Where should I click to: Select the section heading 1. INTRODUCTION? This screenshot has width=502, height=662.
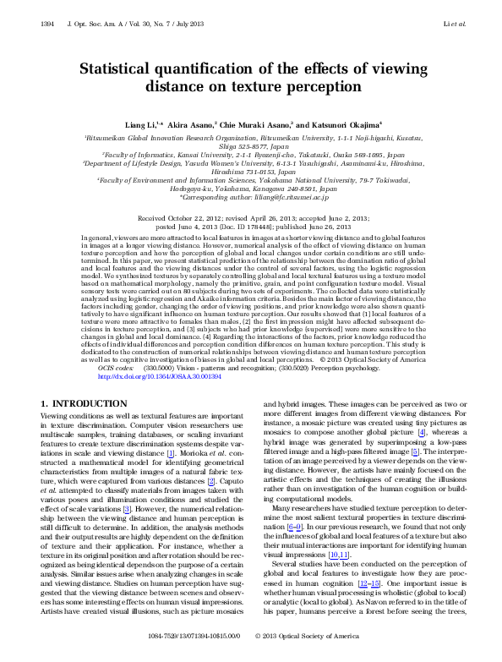[x=87, y=404]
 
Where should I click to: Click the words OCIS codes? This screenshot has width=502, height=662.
[x=116, y=369]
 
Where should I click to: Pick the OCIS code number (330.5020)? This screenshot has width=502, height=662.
[x=303, y=369]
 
